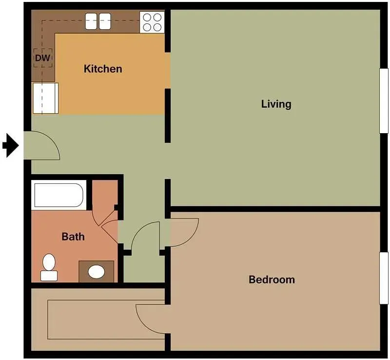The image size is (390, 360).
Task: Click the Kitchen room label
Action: pyautogui.click(x=103, y=69)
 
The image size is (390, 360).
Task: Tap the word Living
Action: pyautogui.click(x=276, y=104)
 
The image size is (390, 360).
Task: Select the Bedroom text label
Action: pyautogui.click(x=272, y=280)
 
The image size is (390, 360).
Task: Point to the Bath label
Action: pyautogui.click(x=73, y=237)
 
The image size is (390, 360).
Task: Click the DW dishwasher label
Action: pyautogui.click(x=42, y=58)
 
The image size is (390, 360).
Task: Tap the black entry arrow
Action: pyautogui.click(x=10, y=145)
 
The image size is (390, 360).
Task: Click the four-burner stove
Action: pyautogui.click(x=152, y=22)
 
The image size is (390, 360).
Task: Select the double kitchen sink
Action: pyautogui.click(x=98, y=21)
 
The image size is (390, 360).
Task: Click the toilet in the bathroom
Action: pyautogui.click(x=48, y=268)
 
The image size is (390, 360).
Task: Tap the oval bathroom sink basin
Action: pyautogui.click(x=97, y=271)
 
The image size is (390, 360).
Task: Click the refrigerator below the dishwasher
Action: pyautogui.click(x=45, y=98)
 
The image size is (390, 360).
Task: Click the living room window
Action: pyautogui.click(x=384, y=100)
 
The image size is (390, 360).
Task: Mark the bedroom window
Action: pyautogui.click(x=384, y=279)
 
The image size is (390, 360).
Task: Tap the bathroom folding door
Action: pyautogui.click(x=109, y=222)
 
